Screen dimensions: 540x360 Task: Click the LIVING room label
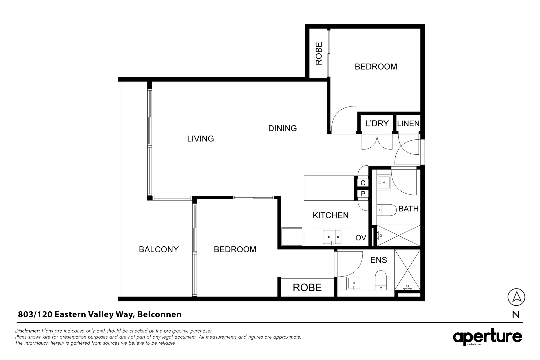(200, 139)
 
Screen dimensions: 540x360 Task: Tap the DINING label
(282, 128)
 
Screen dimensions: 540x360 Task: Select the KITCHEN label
(331, 215)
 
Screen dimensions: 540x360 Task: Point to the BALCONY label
(159, 249)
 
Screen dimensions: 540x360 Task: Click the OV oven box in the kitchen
(361, 238)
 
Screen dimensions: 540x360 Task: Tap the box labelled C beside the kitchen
(363, 183)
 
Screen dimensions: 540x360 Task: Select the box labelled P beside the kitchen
(363, 194)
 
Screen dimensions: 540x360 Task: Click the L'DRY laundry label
(377, 123)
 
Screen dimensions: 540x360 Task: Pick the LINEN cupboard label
(408, 124)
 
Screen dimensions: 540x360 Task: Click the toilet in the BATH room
(386, 210)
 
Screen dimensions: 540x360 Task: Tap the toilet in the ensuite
(381, 280)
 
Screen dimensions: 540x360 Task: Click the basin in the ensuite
(354, 283)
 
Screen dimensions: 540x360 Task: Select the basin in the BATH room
(383, 183)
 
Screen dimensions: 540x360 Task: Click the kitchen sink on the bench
(332, 237)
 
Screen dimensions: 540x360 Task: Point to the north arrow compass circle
(516, 297)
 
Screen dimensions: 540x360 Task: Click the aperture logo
(487, 337)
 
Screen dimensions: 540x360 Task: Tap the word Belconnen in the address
(159, 314)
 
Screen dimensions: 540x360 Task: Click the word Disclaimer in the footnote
(27, 331)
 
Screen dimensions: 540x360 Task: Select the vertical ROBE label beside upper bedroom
(319, 54)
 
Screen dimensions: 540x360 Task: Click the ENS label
(378, 260)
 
